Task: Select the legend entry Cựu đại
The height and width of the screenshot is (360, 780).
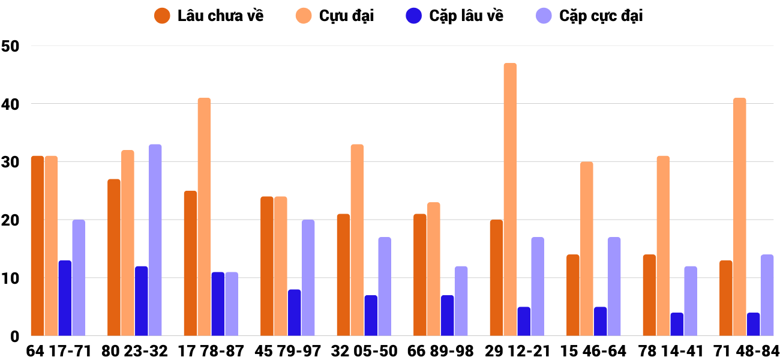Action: tap(336, 16)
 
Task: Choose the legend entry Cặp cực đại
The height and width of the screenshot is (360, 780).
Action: tap(589, 16)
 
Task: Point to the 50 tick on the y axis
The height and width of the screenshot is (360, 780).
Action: tap(11, 46)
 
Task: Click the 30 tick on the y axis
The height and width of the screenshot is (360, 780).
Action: tap(11, 162)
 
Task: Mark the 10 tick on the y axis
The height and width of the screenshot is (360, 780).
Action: tap(11, 278)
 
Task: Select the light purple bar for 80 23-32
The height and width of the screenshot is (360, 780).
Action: tap(155, 240)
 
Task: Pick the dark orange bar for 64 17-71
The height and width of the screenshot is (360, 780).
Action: tap(37, 246)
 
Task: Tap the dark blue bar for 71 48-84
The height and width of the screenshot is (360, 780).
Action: tap(753, 324)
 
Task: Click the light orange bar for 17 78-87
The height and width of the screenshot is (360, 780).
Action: tap(204, 217)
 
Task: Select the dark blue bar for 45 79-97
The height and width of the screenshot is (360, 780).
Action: tap(294, 313)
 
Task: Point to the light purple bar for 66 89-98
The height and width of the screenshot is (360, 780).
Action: tap(461, 301)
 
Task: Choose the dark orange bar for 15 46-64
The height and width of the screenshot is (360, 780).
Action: tap(573, 295)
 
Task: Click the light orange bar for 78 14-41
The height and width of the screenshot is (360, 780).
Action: tap(663, 246)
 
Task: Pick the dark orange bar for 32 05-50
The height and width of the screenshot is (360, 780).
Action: tap(343, 275)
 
